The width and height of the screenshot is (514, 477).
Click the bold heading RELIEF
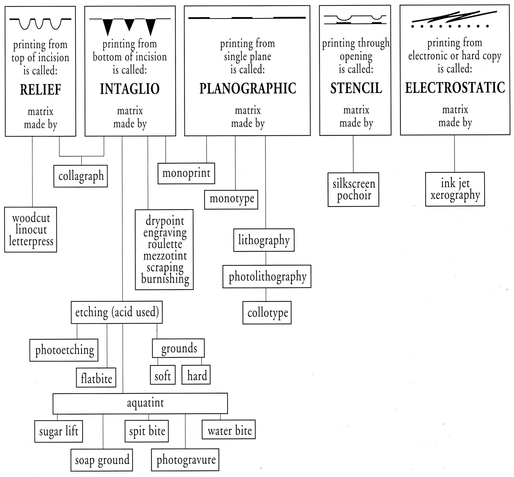[40, 90]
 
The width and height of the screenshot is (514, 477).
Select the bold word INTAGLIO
[130, 89]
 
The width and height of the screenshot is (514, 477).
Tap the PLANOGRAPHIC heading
[247, 88]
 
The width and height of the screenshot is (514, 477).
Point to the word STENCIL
[356, 88]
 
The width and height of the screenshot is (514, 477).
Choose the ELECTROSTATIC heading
[455, 88]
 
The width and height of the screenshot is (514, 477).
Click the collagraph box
[81, 176]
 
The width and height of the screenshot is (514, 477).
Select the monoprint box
[186, 173]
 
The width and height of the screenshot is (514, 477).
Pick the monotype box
[231, 199]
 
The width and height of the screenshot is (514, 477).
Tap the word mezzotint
[165, 256]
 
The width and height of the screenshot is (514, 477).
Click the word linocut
[31, 230]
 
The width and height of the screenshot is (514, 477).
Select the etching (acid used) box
[117, 312]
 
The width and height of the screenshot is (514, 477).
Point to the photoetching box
[64, 350]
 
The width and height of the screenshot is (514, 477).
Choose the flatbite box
[96, 378]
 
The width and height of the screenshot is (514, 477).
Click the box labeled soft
[163, 375]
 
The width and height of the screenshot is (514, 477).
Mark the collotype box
[267, 313]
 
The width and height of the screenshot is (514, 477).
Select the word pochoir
[354, 195]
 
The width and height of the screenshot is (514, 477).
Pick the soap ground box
[102, 460]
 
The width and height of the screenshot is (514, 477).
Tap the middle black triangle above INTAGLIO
[129, 24]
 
